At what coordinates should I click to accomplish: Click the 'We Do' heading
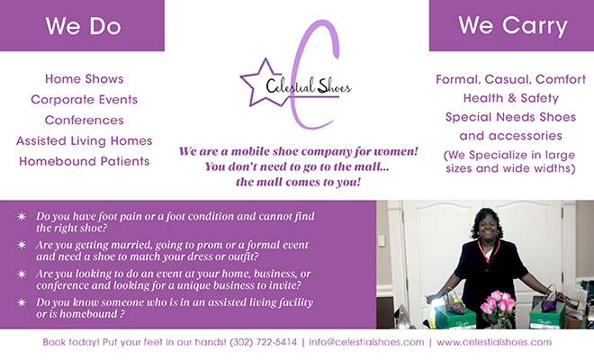(84, 26)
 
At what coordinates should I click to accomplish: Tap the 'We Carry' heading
(513, 26)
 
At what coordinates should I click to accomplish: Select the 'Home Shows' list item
(84, 79)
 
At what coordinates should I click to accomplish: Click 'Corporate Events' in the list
(84, 100)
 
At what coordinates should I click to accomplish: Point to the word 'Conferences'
(84, 120)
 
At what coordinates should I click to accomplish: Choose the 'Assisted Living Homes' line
(84, 141)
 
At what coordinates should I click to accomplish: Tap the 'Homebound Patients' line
(84, 161)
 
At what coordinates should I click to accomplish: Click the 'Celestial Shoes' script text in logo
(309, 85)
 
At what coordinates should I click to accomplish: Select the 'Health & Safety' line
(510, 98)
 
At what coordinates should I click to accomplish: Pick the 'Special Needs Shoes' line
(510, 117)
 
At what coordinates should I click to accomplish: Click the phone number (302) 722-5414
(264, 342)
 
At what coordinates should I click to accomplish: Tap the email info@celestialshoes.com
(366, 342)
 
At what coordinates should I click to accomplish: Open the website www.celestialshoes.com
(494, 342)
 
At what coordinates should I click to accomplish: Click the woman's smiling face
(488, 226)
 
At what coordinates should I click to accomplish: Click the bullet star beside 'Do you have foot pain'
(22, 216)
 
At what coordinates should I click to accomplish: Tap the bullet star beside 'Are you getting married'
(22, 245)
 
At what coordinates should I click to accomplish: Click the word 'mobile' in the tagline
(250, 151)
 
